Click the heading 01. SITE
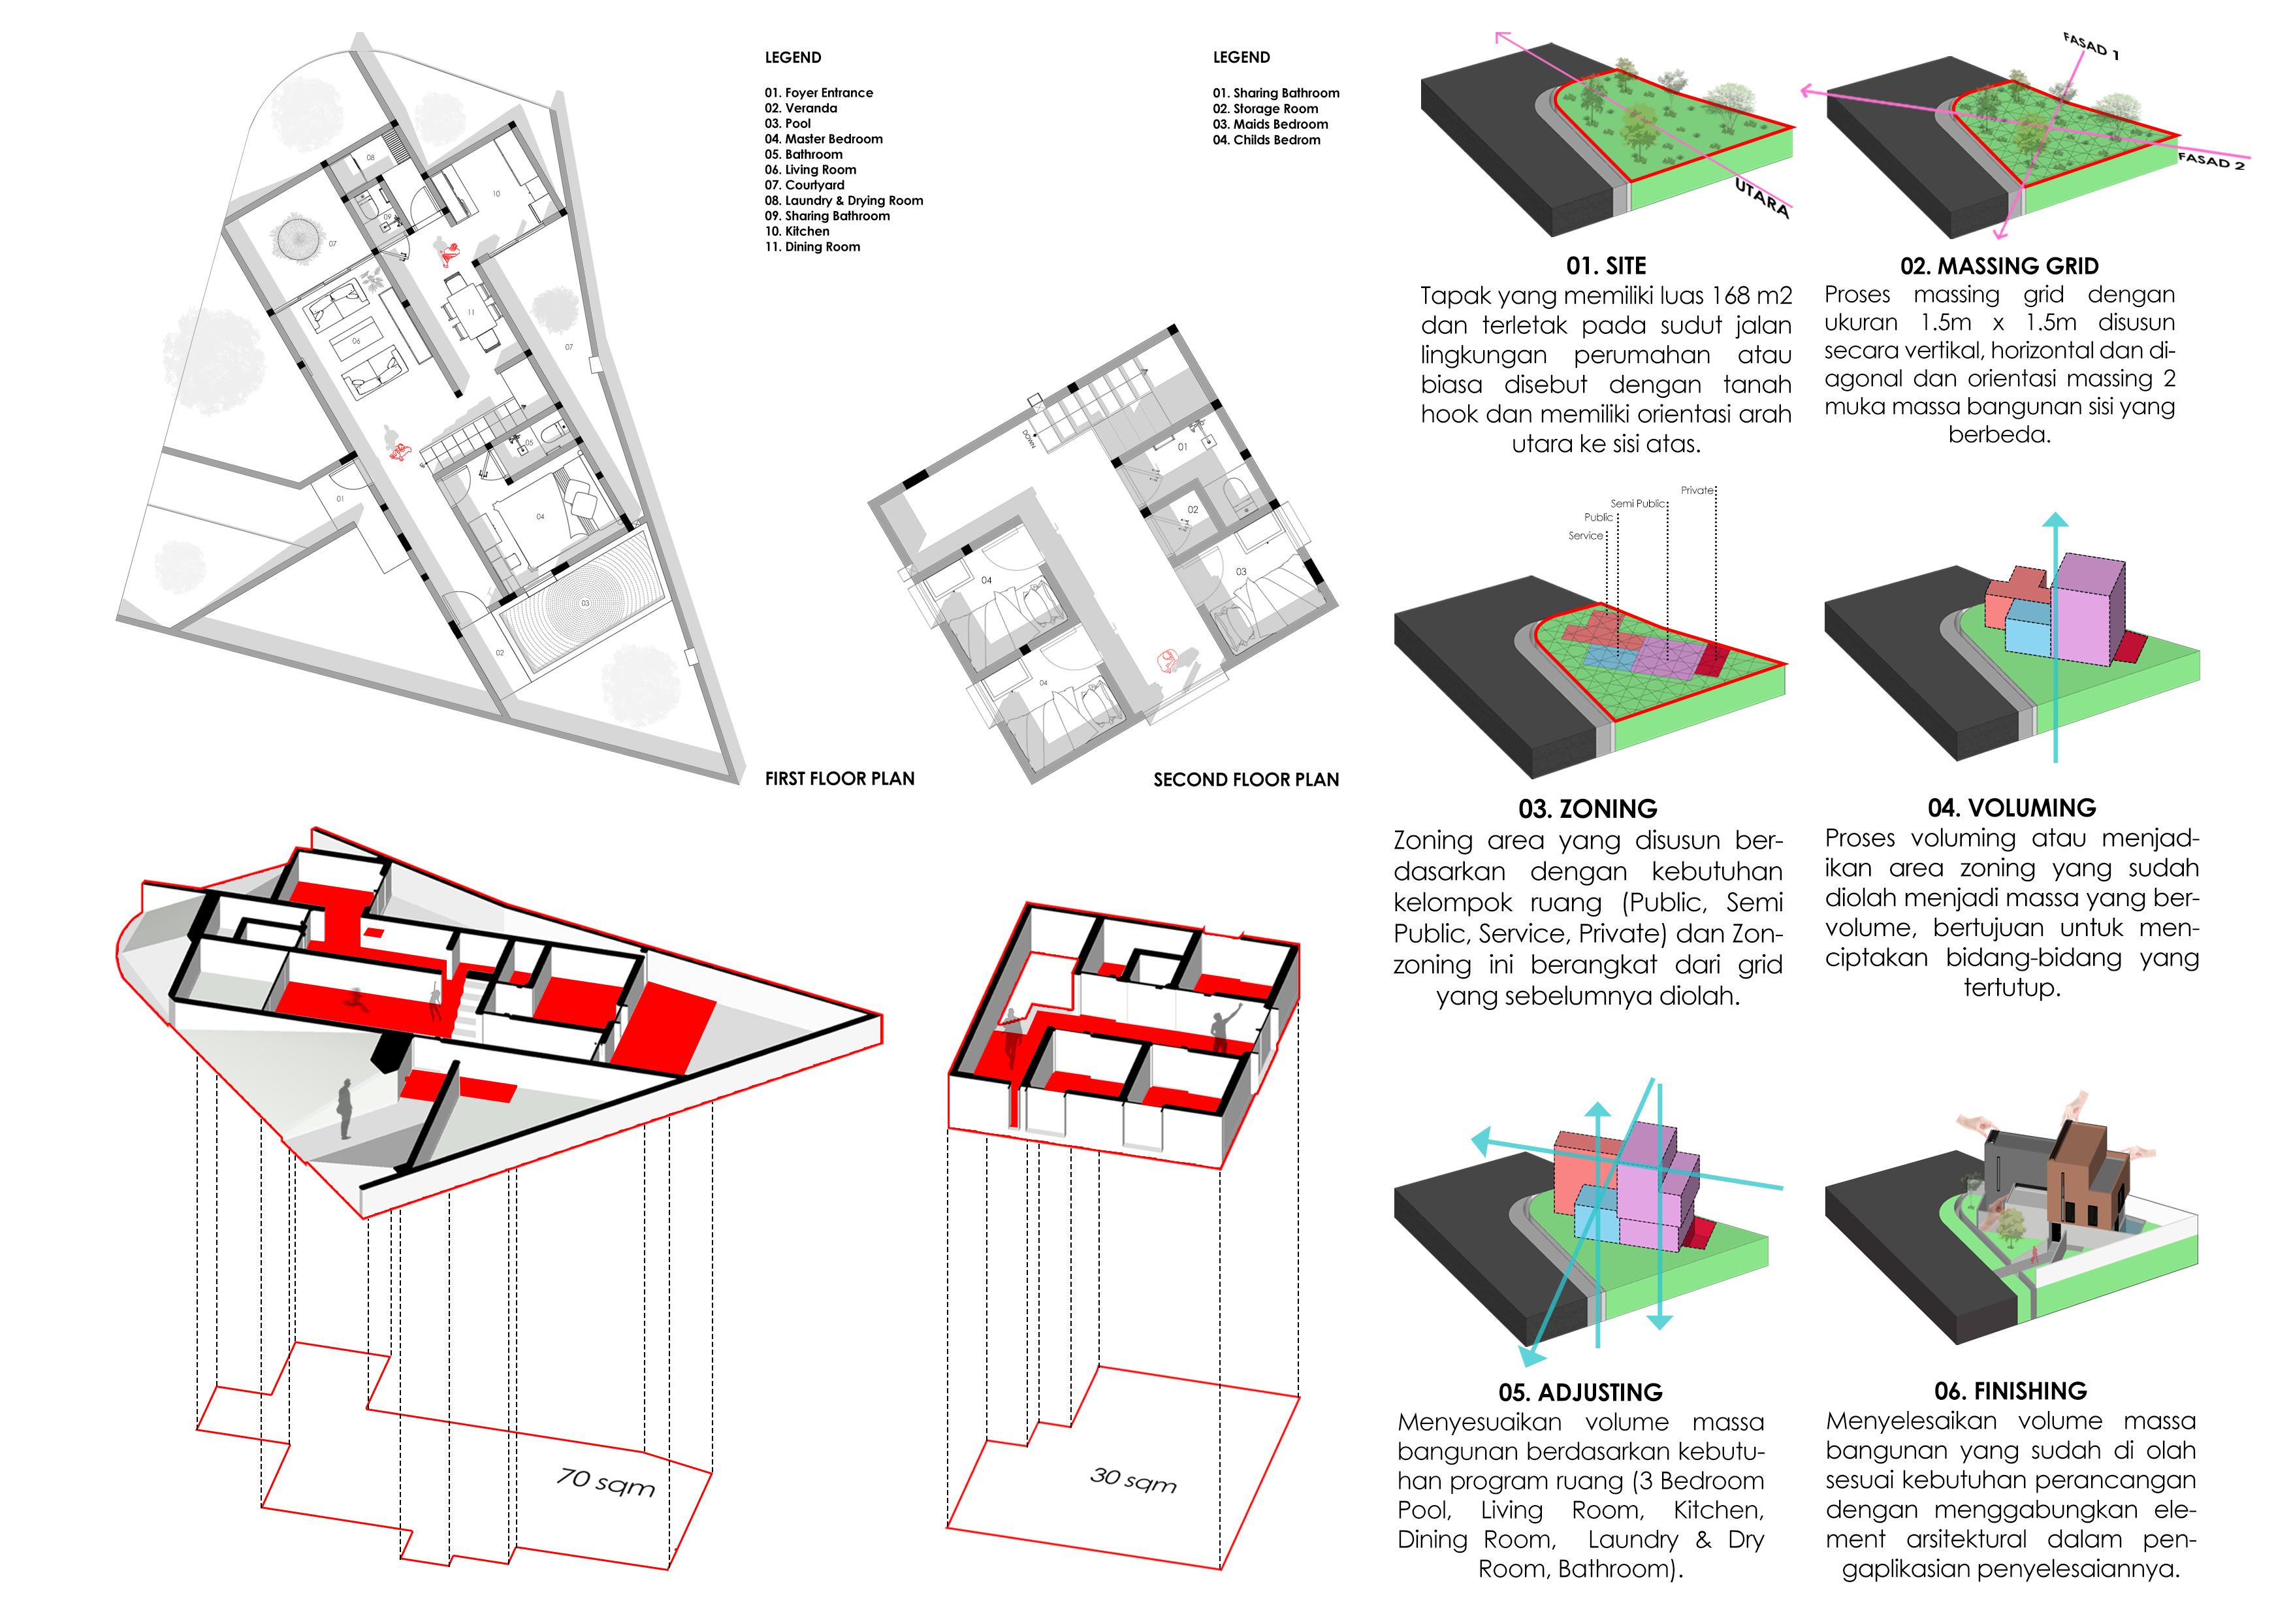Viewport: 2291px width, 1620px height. [1605, 265]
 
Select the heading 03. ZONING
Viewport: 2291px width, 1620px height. [1588, 809]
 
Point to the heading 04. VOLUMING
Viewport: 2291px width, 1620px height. [2011, 807]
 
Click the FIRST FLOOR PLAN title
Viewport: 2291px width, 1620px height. [839, 779]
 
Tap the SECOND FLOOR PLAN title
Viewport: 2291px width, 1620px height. [1246, 779]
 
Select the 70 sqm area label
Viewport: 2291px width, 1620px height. [605, 1482]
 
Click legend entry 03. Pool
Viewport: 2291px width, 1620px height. [788, 123]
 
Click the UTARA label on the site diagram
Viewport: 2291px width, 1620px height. [1762, 198]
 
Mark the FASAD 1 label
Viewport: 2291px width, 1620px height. [2091, 46]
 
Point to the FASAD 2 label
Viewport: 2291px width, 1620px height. [2211, 161]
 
